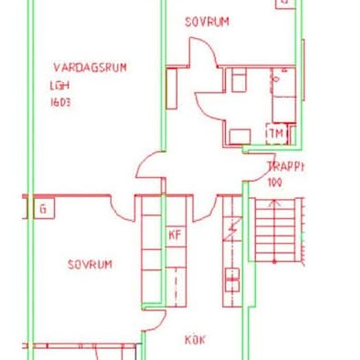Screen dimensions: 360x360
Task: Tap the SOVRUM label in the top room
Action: pyautogui.click(x=207, y=22)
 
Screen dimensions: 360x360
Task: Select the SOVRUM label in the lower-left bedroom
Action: pyautogui.click(x=90, y=264)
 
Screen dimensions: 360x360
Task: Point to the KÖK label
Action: pyautogui.click(x=195, y=340)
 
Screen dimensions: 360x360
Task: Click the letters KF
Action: pyautogui.click(x=175, y=234)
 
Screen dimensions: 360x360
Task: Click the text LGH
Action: pyautogui.click(x=59, y=85)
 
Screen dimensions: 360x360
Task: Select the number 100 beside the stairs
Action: pyautogui.click(x=275, y=183)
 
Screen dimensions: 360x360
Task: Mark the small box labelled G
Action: pyautogui.click(x=43, y=209)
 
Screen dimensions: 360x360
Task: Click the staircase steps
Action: pyautogui.click(x=275, y=229)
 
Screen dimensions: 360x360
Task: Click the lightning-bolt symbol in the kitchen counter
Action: pyautogui.click(x=232, y=230)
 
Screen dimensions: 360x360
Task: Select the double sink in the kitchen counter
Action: pyautogui.click(x=232, y=279)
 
